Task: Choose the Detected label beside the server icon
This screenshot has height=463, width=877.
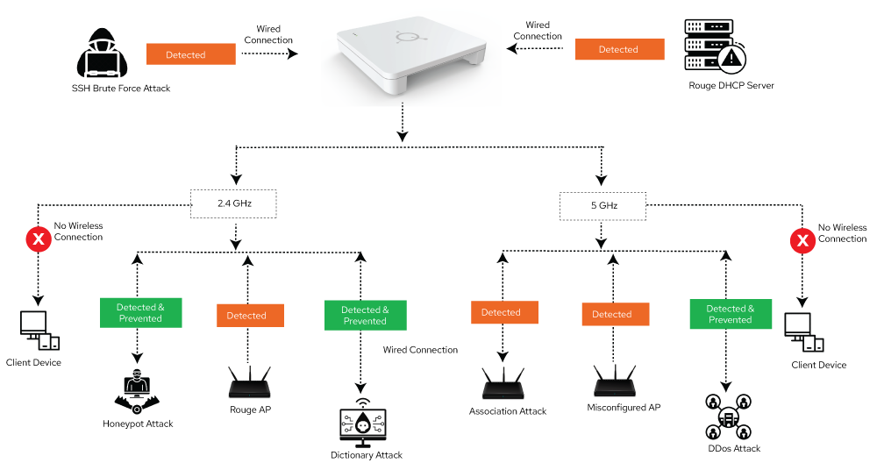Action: pyautogui.click(x=619, y=50)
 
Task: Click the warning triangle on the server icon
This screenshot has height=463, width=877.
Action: pyautogui.click(x=731, y=59)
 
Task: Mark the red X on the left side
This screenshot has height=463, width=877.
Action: pyautogui.click(x=38, y=239)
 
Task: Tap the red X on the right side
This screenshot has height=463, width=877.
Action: pyautogui.click(x=802, y=240)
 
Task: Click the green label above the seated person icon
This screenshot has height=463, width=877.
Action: pyautogui.click(x=140, y=313)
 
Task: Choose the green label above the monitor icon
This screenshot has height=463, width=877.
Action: pyautogui.click(x=365, y=316)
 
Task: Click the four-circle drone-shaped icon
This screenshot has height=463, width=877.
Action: pyautogui.click(x=728, y=416)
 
